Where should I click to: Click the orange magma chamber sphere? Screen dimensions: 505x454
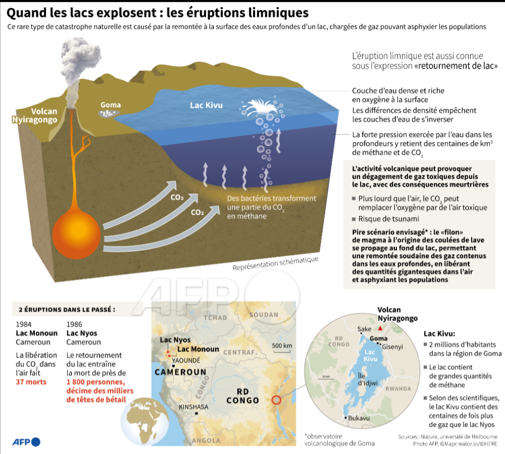pyautogui.click(x=78, y=231)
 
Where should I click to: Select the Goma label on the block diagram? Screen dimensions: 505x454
pyautogui.click(x=111, y=105)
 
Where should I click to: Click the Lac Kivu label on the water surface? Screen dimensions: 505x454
pyautogui.click(x=206, y=105)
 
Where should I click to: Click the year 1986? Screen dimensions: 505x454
pyautogui.click(x=74, y=324)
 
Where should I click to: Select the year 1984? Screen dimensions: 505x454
pyautogui.click(x=23, y=324)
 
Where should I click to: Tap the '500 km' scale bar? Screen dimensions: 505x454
pyautogui.click(x=282, y=347)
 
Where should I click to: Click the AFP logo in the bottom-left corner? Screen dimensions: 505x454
pyautogui.click(x=25, y=442)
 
